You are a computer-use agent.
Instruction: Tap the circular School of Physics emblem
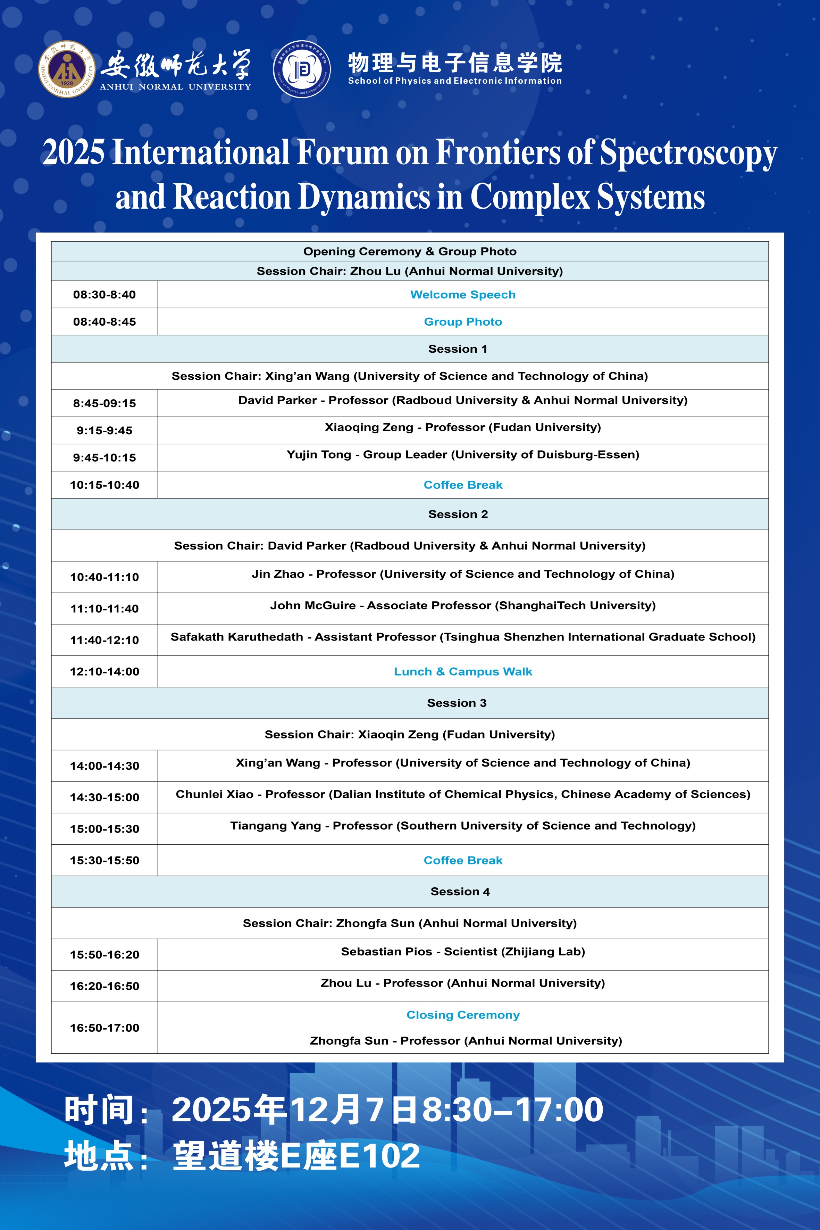[x=302, y=69]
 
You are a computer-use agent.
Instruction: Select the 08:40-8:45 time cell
[x=104, y=321]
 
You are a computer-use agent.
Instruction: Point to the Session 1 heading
[x=458, y=349]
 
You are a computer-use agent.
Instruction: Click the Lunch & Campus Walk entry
[x=463, y=671]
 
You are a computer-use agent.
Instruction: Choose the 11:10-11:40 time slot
[x=104, y=609]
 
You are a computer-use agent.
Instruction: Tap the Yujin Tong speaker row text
[x=463, y=454]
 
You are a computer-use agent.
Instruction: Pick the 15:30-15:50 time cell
[x=104, y=860]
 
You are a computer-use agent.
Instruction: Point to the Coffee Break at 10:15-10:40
[x=463, y=485]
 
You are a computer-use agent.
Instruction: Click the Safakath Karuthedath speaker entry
[x=463, y=637]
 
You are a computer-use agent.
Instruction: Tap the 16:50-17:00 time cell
[x=104, y=1028]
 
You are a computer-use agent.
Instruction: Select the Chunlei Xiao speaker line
[x=463, y=794]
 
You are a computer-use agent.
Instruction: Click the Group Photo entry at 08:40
[x=463, y=321]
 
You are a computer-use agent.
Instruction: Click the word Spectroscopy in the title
[x=688, y=153]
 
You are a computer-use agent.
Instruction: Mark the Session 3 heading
[x=457, y=703]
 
